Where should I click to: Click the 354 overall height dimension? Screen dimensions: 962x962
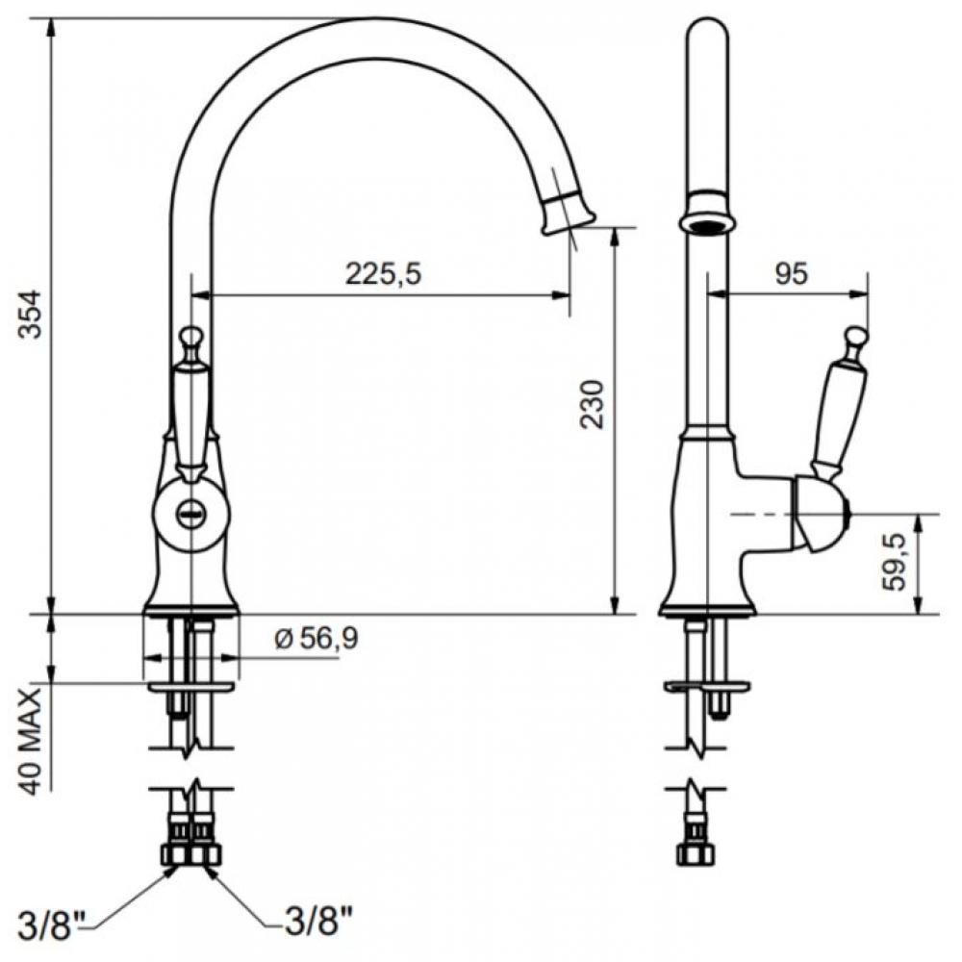[x=30, y=314]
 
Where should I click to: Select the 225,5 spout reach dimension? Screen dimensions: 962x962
[x=384, y=273]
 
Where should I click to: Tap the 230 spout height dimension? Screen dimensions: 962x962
[x=593, y=404]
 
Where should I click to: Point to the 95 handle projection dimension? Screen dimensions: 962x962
[x=791, y=273]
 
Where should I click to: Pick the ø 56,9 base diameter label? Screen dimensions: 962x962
[x=316, y=640]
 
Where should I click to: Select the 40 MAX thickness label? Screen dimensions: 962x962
[x=30, y=741]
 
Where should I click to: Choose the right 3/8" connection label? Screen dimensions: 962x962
[x=319, y=921]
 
